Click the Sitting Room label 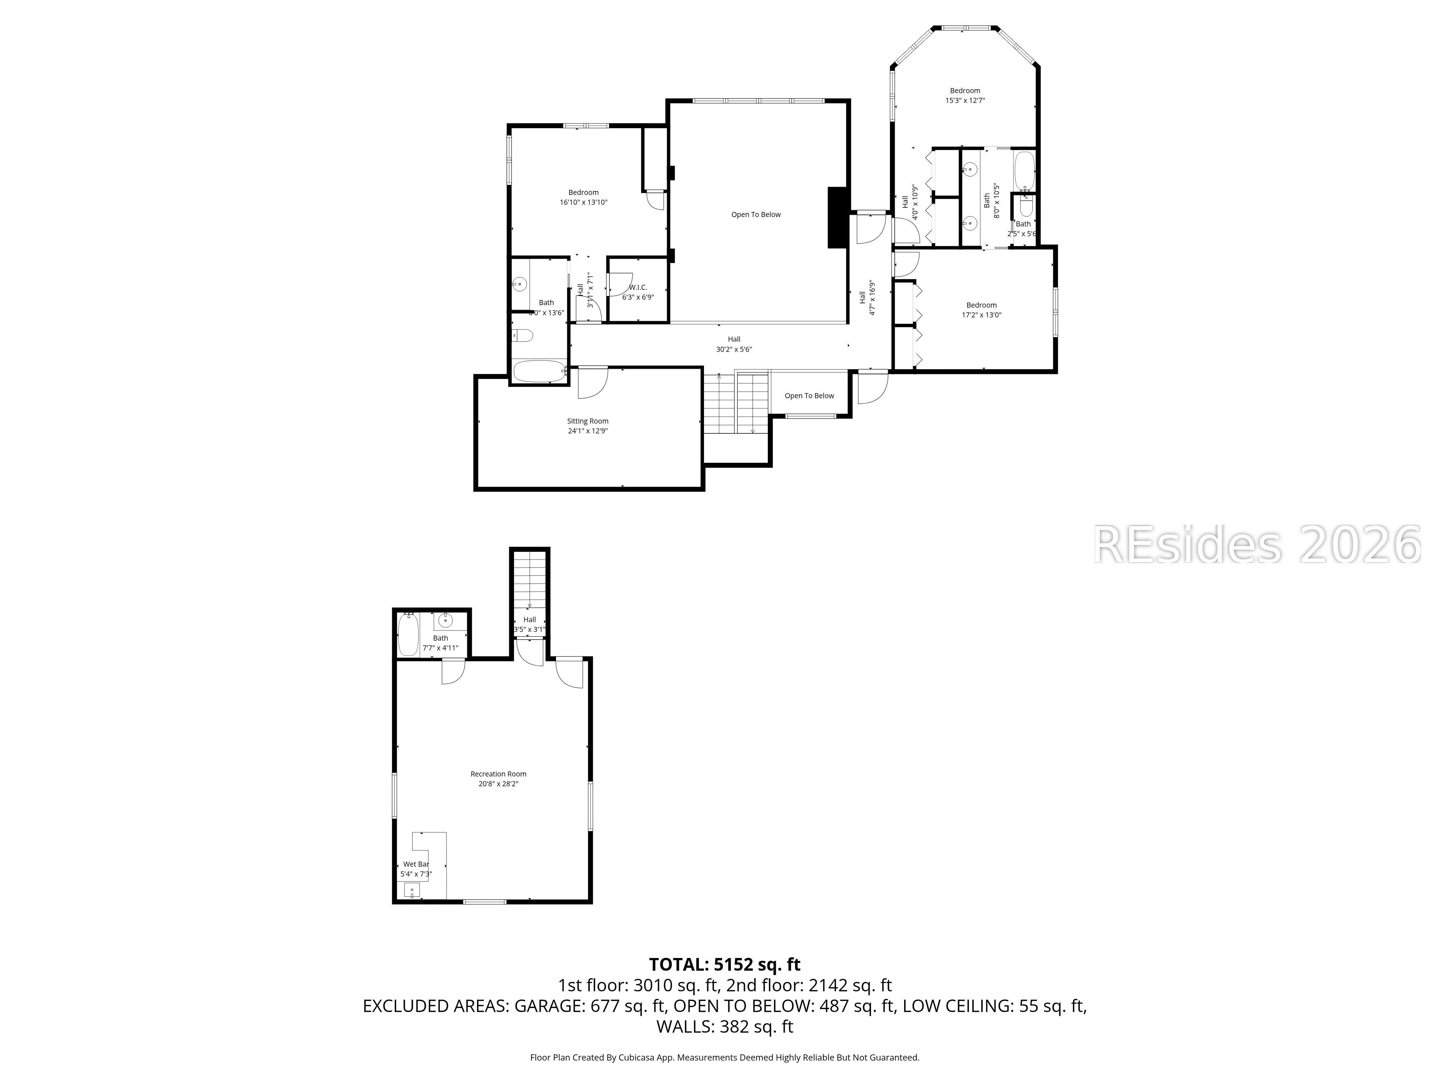click(x=587, y=421)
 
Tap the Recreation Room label click(x=498, y=774)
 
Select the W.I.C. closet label click(x=638, y=288)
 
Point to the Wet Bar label click(x=415, y=864)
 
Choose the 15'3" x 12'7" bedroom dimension click(x=965, y=101)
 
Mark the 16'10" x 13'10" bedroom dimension click(x=583, y=203)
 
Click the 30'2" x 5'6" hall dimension click(x=734, y=349)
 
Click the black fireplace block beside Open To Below click(x=837, y=217)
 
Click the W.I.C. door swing click(x=617, y=286)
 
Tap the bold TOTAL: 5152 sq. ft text click(x=724, y=965)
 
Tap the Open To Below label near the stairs click(x=809, y=396)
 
